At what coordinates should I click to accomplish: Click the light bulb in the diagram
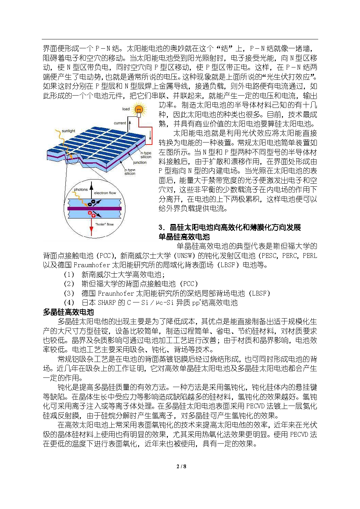coord(139,110)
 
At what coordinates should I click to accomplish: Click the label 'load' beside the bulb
coord(126,109)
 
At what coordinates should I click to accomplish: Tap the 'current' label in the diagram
coord(120,123)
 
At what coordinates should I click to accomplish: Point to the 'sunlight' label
coord(69,131)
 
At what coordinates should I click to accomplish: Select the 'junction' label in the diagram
coord(140,162)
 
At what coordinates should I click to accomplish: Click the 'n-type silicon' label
coord(146,155)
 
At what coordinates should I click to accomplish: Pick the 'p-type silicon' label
coord(130,172)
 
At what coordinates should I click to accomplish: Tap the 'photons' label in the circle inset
coord(81,189)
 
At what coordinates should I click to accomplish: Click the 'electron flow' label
coord(105,193)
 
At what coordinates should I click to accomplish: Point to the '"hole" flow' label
coord(104,224)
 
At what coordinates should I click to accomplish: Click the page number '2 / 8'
coord(181,466)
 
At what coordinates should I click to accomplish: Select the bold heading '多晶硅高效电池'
coord(68,312)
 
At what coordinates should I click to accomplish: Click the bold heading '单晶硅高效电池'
coord(184,237)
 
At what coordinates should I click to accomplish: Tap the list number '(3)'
coord(69,293)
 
